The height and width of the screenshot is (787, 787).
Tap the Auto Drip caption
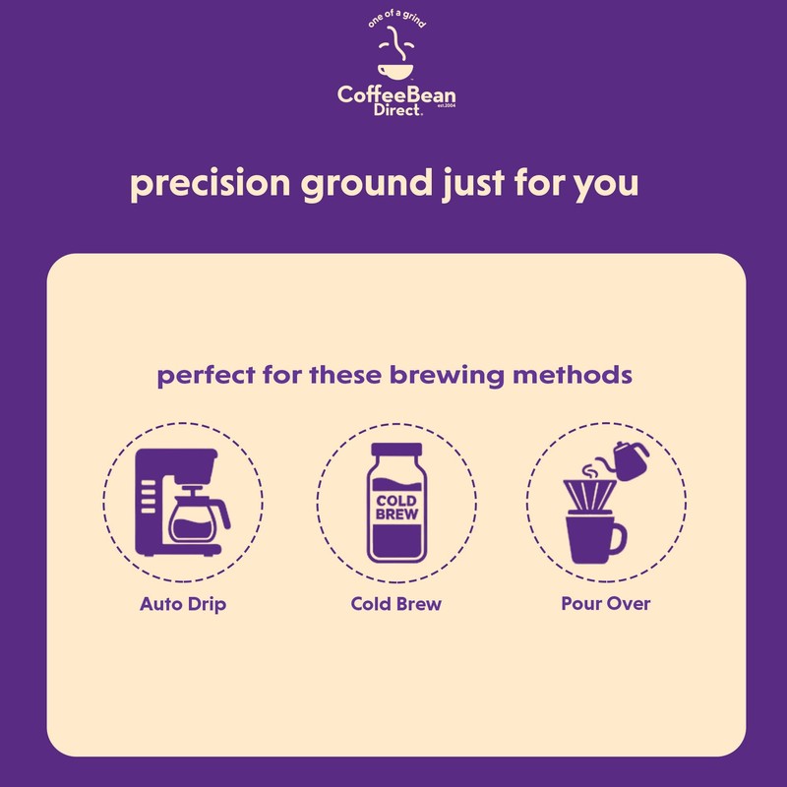click(x=183, y=603)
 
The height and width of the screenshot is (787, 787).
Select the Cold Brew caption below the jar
click(x=396, y=603)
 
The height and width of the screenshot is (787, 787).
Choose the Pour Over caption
click(x=606, y=603)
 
